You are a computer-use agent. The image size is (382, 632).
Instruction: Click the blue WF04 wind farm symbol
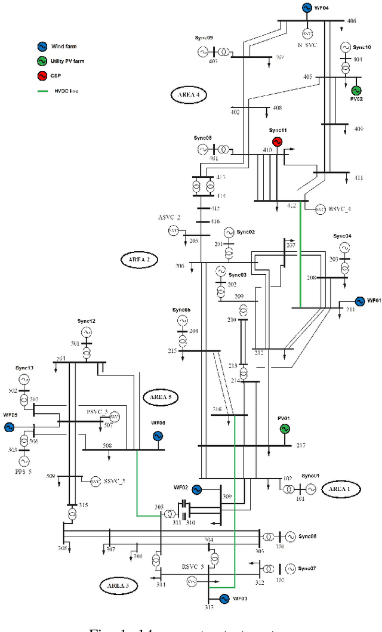[x=306, y=8]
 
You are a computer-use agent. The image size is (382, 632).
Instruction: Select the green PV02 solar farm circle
[x=356, y=90]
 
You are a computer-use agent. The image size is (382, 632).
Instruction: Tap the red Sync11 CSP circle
[x=277, y=141]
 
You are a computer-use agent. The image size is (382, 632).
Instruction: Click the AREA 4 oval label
[x=188, y=95]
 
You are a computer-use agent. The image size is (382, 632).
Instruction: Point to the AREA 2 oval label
[x=139, y=259]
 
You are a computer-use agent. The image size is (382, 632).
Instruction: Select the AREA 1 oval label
[x=340, y=489]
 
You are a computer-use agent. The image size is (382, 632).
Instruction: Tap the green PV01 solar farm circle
[x=285, y=428]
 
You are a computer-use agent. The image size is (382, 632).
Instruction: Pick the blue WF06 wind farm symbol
[x=158, y=436]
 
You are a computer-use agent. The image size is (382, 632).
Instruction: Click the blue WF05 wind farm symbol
[x=9, y=427]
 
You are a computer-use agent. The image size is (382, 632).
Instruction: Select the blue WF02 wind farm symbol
[x=196, y=489]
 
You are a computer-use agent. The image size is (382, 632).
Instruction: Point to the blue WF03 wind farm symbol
[x=225, y=599]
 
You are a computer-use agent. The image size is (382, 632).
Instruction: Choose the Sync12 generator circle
[x=87, y=332]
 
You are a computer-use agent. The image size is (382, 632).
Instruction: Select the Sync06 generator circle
[x=290, y=537]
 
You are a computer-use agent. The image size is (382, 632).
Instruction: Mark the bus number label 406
[x=351, y=21]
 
